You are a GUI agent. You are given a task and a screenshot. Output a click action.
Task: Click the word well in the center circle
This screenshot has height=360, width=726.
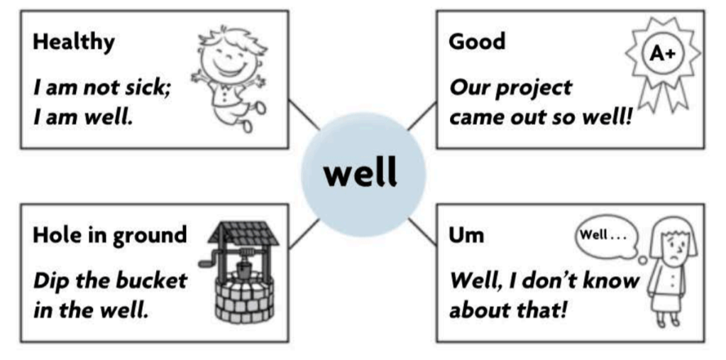pyautogui.click(x=361, y=173)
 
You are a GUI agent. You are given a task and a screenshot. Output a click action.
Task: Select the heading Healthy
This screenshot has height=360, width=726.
pyautogui.click(x=73, y=41)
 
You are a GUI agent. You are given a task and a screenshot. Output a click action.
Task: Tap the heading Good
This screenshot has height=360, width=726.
pyautogui.click(x=477, y=41)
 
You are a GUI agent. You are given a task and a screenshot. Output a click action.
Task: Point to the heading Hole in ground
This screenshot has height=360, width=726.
pyautogui.click(x=110, y=234)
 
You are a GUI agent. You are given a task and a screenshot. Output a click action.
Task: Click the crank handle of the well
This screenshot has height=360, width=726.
pyautogui.click(x=206, y=263)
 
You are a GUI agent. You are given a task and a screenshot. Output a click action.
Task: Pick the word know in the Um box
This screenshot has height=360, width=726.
pyautogui.click(x=605, y=280)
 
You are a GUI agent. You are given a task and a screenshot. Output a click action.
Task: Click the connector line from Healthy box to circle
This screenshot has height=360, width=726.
pyautogui.click(x=304, y=115)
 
